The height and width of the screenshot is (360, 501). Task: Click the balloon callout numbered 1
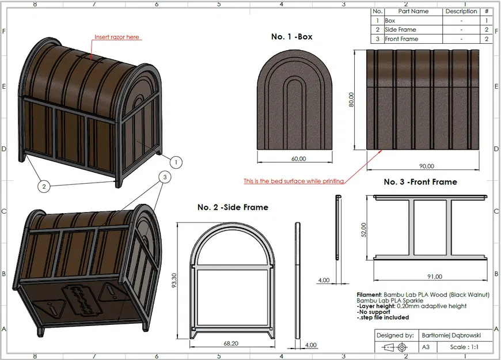(x=176, y=162)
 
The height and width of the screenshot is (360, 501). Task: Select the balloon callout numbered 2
(x=44, y=186)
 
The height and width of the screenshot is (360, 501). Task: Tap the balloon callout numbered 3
(x=165, y=177)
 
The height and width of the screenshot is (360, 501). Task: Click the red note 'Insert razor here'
(x=117, y=37)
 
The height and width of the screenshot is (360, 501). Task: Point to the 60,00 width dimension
(x=299, y=158)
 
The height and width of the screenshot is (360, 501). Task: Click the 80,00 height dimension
(x=351, y=100)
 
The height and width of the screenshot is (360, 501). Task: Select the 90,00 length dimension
(x=427, y=166)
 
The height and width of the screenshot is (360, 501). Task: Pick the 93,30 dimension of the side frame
(x=174, y=280)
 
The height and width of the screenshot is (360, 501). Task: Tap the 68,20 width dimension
(x=231, y=343)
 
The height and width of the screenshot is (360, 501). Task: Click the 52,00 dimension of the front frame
(x=363, y=230)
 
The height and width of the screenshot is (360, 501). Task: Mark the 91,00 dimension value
(x=435, y=276)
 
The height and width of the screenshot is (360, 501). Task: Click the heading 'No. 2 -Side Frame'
(x=233, y=207)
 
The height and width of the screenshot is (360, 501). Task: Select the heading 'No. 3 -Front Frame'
(x=420, y=182)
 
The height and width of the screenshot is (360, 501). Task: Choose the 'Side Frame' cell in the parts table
(x=400, y=29)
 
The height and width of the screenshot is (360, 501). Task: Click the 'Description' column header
(x=461, y=11)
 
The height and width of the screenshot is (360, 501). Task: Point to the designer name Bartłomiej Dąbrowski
(x=451, y=335)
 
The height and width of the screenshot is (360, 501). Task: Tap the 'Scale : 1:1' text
(x=464, y=347)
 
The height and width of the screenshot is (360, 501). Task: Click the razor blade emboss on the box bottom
(x=83, y=298)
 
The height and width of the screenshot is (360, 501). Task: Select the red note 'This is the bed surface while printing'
(x=294, y=181)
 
